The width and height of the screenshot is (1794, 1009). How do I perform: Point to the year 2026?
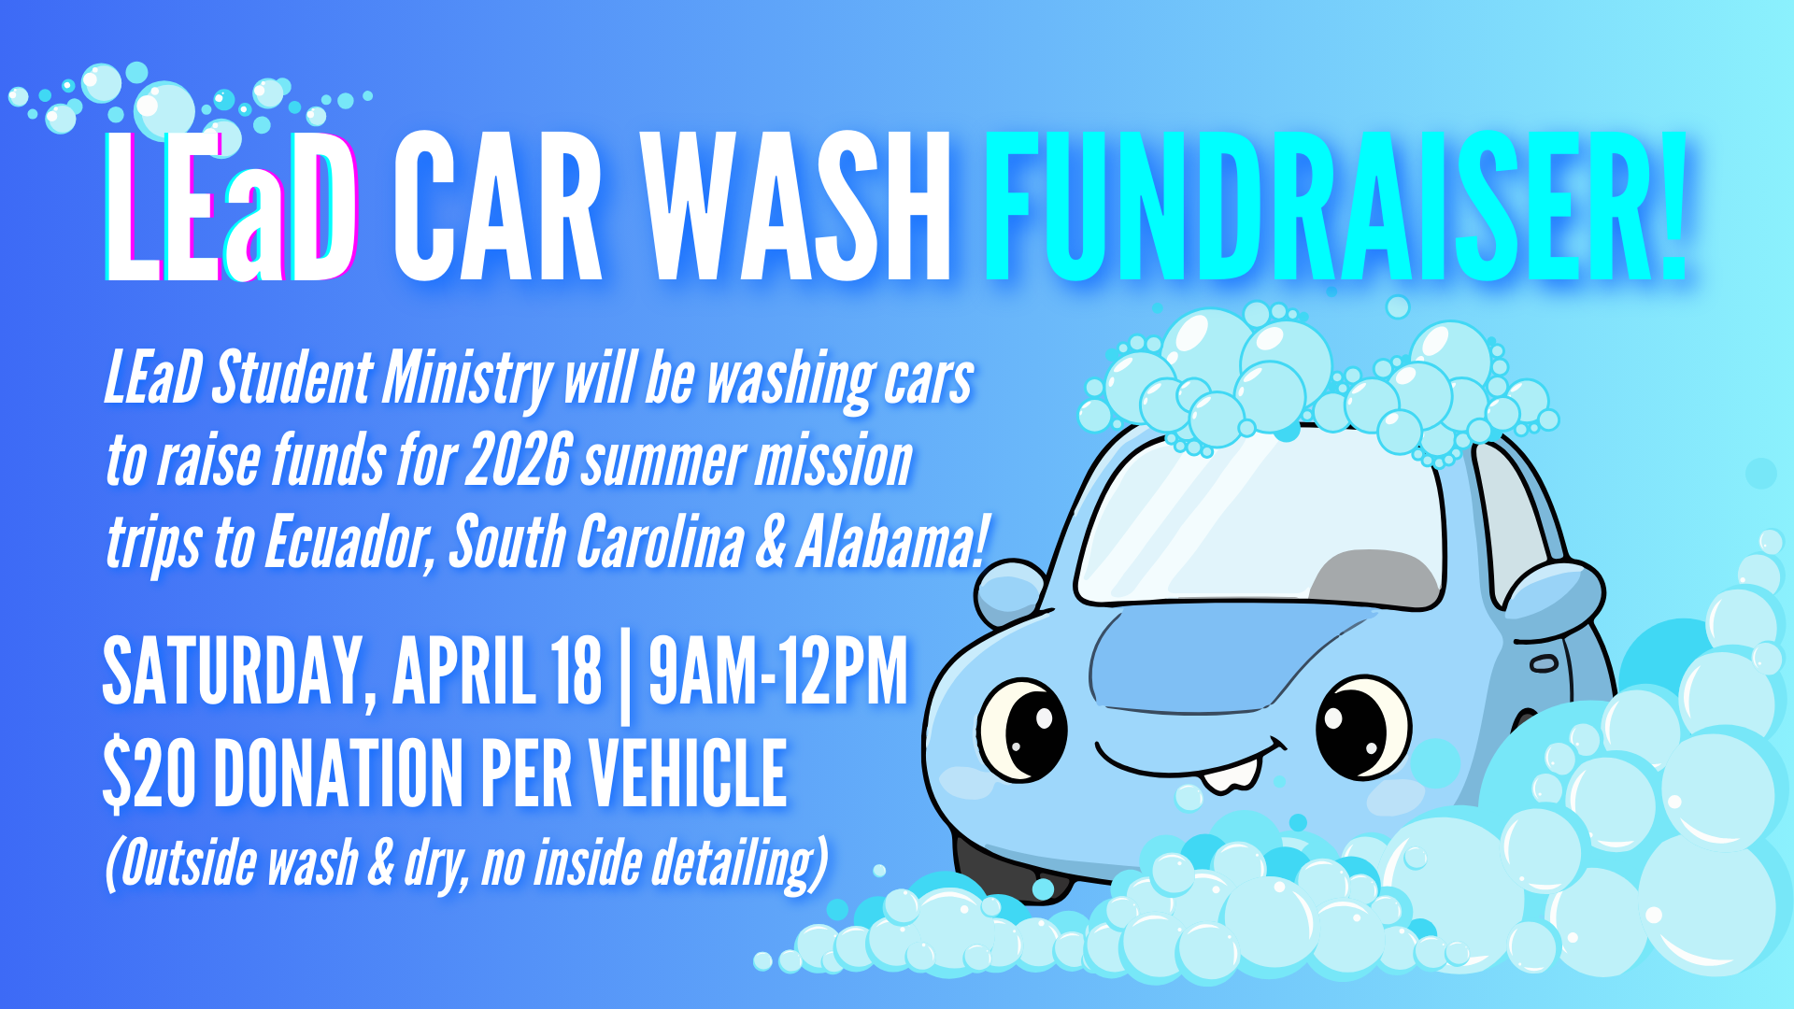pyautogui.click(x=519, y=461)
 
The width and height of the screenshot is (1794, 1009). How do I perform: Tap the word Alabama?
pyautogui.click(x=892, y=542)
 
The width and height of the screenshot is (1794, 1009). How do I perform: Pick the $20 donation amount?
pyautogui.click(x=149, y=773)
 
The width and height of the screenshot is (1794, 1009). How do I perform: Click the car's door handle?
pyautogui.click(x=1544, y=664)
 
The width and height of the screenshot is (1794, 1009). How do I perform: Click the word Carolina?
pyautogui.click(x=660, y=542)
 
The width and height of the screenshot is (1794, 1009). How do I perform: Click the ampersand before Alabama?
pyautogui.click(x=770, y=544)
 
